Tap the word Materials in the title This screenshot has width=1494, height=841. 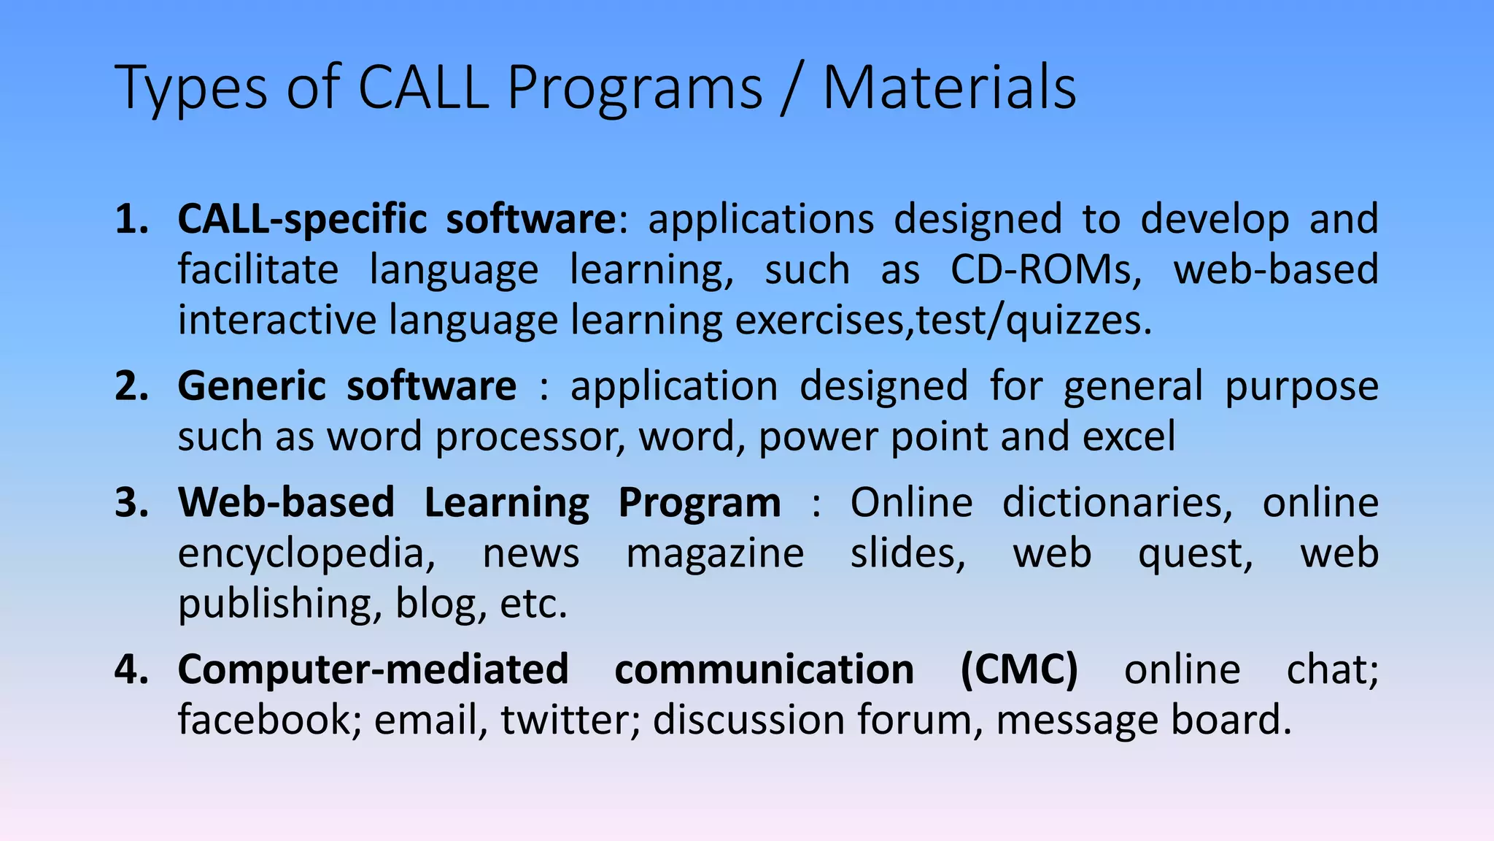(x=949, y=88)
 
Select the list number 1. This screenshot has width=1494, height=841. (x=131, y=219)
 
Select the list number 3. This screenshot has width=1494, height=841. (x=131, y=503)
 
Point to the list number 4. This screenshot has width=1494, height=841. (x=131, y=669)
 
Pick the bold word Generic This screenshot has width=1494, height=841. (x=252, y=386)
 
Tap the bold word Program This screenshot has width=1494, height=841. (x=699, y=503)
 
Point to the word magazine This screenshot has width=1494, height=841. (x=715, y=553)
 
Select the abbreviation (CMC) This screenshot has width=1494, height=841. (x=1018, y=669)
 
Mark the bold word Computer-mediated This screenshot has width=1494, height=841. (x=373, y=669)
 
